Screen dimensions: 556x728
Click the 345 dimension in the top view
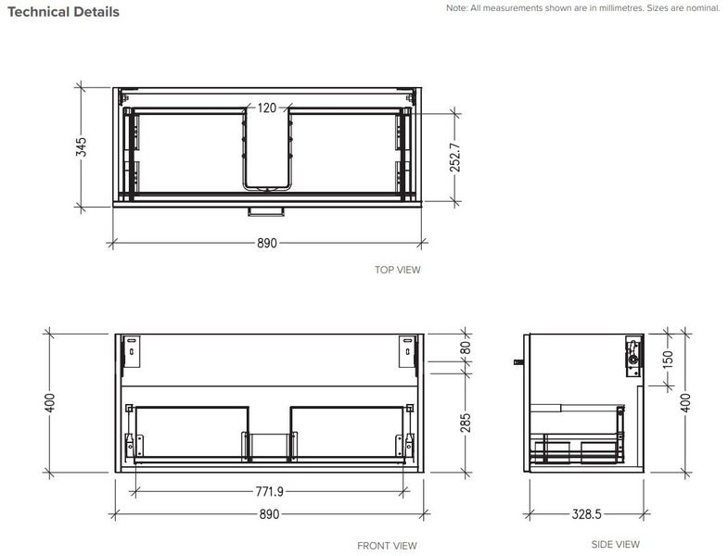point(82,146)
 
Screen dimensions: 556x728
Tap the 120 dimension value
point(267,107)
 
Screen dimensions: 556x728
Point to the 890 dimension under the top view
point(267,244)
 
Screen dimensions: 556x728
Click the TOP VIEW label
point(397,271)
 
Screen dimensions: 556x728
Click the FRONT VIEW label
point(387,546)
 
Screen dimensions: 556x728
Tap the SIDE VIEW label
point(616,544)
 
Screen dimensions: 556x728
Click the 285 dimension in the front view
point(466,423)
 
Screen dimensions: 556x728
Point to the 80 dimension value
point(466,348)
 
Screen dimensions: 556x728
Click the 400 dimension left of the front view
point(50,401)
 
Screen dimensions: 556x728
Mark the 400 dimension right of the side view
point(687,401)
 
